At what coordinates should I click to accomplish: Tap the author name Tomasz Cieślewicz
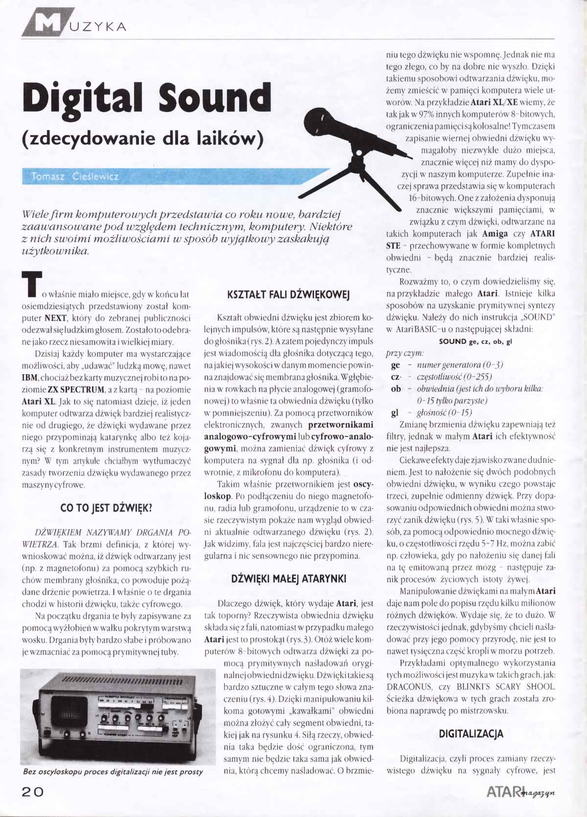tap(74, 176)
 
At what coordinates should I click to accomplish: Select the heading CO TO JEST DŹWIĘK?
tap(106, 508)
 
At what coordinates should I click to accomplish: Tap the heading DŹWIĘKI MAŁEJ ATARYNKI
tap(288, 579)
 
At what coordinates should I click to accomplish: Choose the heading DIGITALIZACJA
tap(471, 734)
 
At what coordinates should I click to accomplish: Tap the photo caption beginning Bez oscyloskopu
tap(113, 772)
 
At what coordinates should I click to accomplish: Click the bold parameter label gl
tap(395, 412)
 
